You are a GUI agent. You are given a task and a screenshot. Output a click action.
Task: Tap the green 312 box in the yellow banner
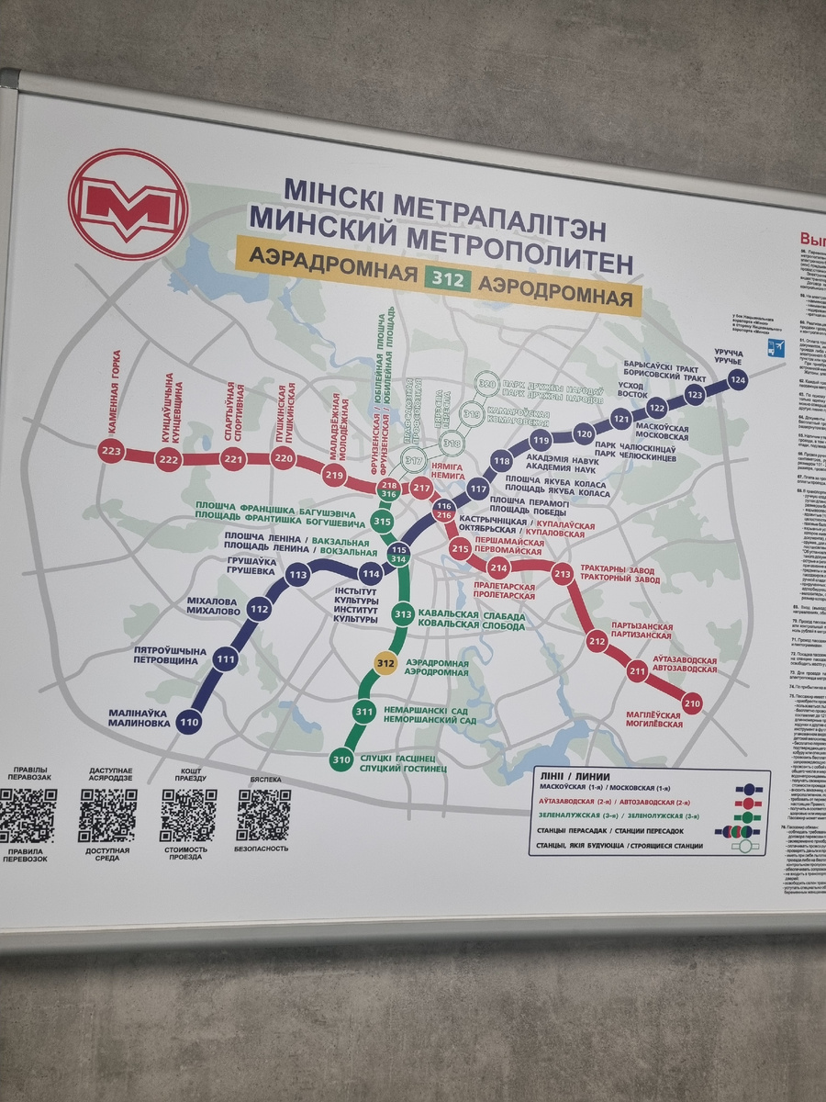pyautogui.click(x=448, y=277)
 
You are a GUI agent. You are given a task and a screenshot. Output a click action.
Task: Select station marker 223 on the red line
pyautogui.click(x=111, y=451)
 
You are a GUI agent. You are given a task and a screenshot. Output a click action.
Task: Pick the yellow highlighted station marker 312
pyautogui.click(x=386, y=663)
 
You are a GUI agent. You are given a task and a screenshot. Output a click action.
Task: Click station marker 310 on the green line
pyautogui.click(x=342, y=759)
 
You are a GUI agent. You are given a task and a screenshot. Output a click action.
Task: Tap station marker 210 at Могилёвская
pyautogui.click(x=692, y=703)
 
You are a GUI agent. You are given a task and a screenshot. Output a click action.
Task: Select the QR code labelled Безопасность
pyautogui.click(x=263, y=815)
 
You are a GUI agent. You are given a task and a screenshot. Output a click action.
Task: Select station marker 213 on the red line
pyautogui.click(x=563, y=574)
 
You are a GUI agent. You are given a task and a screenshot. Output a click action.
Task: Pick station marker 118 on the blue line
pyautogui.click(x=501, y=461)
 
